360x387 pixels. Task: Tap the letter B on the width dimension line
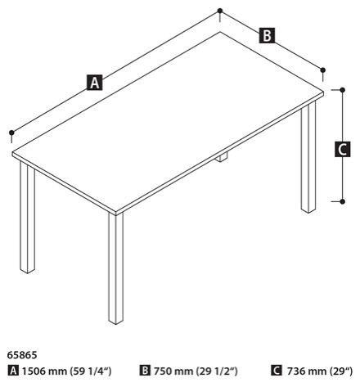tap(266, 35)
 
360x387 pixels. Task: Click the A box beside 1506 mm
tap(11, 371)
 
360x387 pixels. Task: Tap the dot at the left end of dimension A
tap(11, 132)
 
